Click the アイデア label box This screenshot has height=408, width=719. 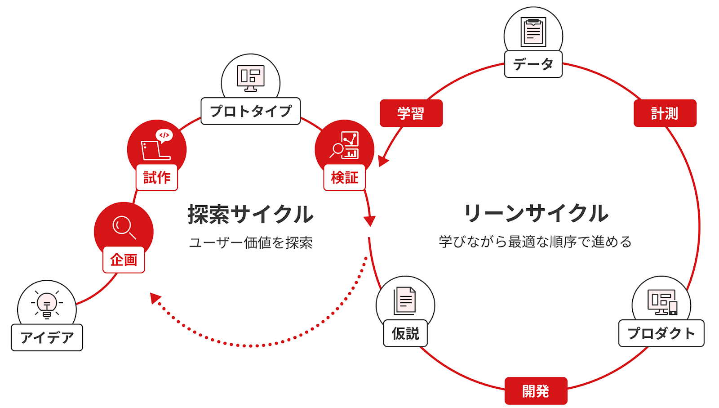coord(47,337)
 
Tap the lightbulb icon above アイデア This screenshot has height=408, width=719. coord(47,304)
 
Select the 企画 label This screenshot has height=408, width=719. coord(124,260)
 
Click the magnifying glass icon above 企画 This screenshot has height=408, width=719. coord(124,227)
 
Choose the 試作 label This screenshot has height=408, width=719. coord(157,177)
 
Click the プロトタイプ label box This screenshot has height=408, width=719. coord(250,111)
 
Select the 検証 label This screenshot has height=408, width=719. coord(345,177)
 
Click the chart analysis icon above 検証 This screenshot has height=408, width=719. coord(345,145)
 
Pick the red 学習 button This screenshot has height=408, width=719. coord(411,113)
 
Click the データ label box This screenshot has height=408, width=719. coord(533,64)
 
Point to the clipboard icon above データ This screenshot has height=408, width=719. coord(533,32)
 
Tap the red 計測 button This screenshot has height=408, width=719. coord(665,113)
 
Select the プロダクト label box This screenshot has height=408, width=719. coord(661,333)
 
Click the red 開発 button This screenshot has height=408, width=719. coord(536,391)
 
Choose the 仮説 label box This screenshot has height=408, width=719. coord(405,333)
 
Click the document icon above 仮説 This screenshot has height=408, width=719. coord(405,300)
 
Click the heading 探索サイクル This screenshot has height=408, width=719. coord(250,214)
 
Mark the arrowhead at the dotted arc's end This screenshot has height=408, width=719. coord(155,297)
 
